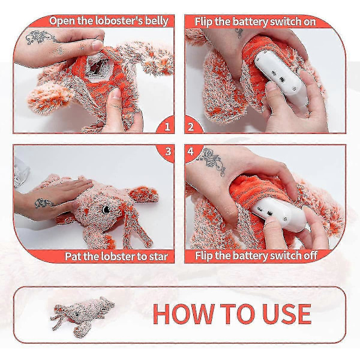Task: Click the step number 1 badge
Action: (167, 127)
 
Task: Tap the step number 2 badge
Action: (191, 127)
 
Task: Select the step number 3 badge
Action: (168, 152)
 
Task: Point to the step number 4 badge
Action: (191, 152)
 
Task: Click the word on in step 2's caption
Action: (310, 22)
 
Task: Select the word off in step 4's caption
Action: (310, 255)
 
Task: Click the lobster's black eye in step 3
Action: (106, 209)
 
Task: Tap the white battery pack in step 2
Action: (281, 79)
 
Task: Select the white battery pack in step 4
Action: (279, 215)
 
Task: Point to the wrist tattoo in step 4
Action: (212, 161)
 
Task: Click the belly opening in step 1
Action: (95, 67)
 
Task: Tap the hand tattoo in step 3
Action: (44, 203)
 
